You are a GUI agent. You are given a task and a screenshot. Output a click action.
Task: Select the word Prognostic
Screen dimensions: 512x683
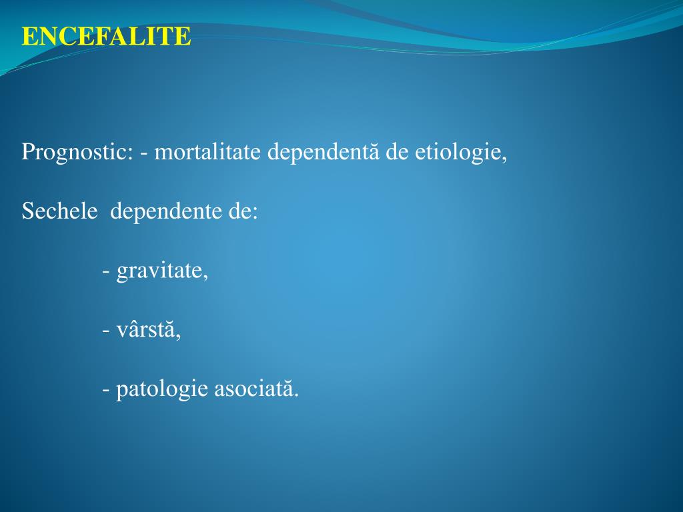pyautogui.click(x=75, y=153)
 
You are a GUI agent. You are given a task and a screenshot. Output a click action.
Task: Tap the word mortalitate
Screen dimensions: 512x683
pyautogui.click(x=209, y=153)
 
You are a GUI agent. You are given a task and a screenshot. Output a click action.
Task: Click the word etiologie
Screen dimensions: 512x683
pyautogui.click(x=456, y=153)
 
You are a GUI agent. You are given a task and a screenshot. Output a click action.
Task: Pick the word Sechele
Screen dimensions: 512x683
pyautogui.click(x=55, y=211)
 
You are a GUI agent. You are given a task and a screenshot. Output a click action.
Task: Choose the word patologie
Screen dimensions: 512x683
pyautogui.click(x=162, y=389)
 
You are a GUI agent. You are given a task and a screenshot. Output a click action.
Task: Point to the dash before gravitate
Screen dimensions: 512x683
pyautogui.click(x=107, y=272)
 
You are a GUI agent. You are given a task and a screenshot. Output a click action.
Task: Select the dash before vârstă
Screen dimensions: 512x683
pyautogui.click(x=107, y=331)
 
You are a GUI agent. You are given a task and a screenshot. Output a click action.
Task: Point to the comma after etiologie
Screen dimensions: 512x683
pyautogui.click(x=504, y=159)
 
